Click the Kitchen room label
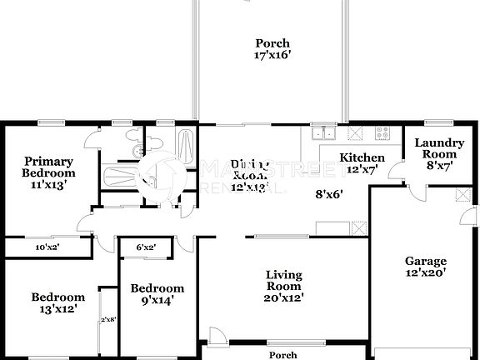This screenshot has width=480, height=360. [x=362, y=157]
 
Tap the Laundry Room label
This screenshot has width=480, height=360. [x=438, y=148]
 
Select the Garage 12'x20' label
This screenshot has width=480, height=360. [x=425, y=267]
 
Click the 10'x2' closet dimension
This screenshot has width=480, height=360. [x=46, y=247]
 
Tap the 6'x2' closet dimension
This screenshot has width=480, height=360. [x=147, y=247]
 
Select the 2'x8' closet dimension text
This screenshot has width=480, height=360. [x=107, y=319]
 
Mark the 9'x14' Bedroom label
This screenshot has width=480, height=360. [x=156, y=294]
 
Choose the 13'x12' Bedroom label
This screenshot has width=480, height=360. [x=57, y=302]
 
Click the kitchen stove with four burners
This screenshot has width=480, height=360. [x=382, y=132]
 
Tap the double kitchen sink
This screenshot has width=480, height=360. [x=322, y=132]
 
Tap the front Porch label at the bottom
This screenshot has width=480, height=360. [x=283, y=355]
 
